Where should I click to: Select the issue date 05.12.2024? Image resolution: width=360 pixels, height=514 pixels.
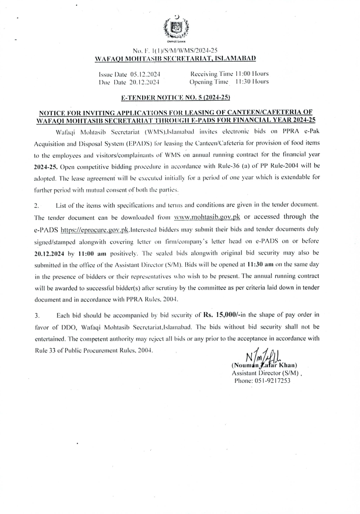point(144,74)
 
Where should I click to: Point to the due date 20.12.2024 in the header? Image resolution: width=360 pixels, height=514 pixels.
point(141,81)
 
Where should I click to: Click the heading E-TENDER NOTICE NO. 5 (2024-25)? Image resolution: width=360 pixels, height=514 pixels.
point(176,98)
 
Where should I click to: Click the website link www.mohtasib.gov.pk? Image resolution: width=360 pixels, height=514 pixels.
point(207,215)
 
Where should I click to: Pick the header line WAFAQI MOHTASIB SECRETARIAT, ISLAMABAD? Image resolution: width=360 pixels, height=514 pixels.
point(175,57)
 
